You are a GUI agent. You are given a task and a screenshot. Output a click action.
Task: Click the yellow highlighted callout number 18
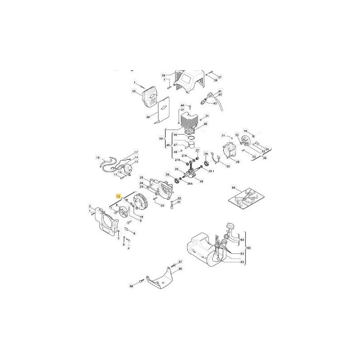coord(118,197)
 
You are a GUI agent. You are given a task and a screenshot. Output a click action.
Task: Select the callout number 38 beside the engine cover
coord(164,75)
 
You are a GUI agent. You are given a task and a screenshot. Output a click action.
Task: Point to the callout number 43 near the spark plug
coord(215,103)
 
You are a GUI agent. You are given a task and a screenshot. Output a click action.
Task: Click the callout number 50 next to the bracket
coord(162,139)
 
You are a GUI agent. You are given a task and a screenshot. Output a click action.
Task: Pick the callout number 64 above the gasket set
coord(233,187)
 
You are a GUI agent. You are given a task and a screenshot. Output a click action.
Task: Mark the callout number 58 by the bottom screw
coord(131,286)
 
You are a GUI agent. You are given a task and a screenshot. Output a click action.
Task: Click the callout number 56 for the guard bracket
coord(180,269)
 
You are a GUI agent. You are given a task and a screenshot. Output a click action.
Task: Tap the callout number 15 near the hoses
coord(97,158)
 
